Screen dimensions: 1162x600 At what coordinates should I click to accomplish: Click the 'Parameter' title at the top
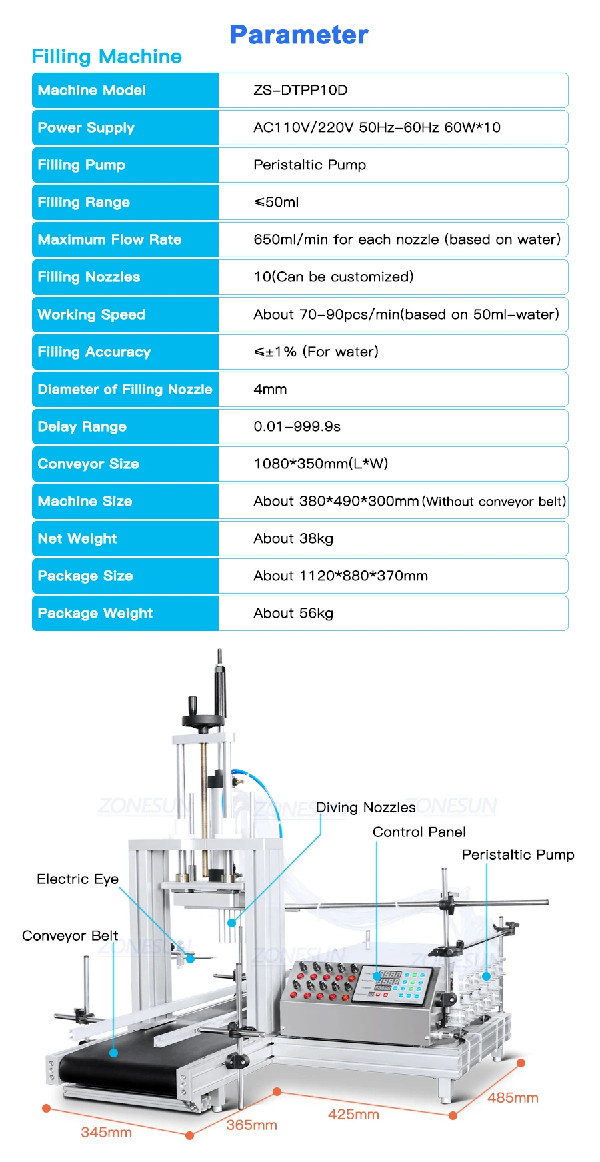click(299, 35)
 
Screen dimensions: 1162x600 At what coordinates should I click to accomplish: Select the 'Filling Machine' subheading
click(107, 57)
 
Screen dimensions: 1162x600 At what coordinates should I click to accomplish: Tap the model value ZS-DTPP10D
click(300, 90)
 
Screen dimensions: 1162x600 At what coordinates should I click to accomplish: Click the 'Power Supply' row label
click(86, 127)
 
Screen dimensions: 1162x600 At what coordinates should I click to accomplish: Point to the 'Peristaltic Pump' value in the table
click(309, 165)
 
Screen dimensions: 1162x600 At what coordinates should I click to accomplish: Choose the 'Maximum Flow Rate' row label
click(109, 239)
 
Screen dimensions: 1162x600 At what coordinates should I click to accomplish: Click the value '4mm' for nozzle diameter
click(270, 389)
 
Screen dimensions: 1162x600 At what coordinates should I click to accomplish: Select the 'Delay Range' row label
click(82, 426)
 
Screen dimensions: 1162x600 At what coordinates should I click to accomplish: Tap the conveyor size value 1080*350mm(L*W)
click(321, 464)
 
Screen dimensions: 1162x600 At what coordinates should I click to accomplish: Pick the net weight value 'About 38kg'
click(293, 538)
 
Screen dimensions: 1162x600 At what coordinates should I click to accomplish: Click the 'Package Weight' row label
click(95, 613)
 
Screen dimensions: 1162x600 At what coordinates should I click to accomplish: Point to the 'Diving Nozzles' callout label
click(365, 808)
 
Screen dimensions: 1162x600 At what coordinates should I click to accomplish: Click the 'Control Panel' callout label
click(419, 832)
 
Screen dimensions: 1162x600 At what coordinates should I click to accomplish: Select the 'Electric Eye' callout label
click(77, 879)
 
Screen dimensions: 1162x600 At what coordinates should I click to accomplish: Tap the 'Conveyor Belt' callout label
click(70, 936)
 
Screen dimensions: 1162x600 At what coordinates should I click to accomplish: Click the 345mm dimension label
click(106, 1132)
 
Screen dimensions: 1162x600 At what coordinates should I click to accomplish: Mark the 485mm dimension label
click(513, 1098)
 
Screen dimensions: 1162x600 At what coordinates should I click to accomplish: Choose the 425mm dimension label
click(353, 1115)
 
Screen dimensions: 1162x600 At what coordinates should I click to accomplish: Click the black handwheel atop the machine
click(203, 718)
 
